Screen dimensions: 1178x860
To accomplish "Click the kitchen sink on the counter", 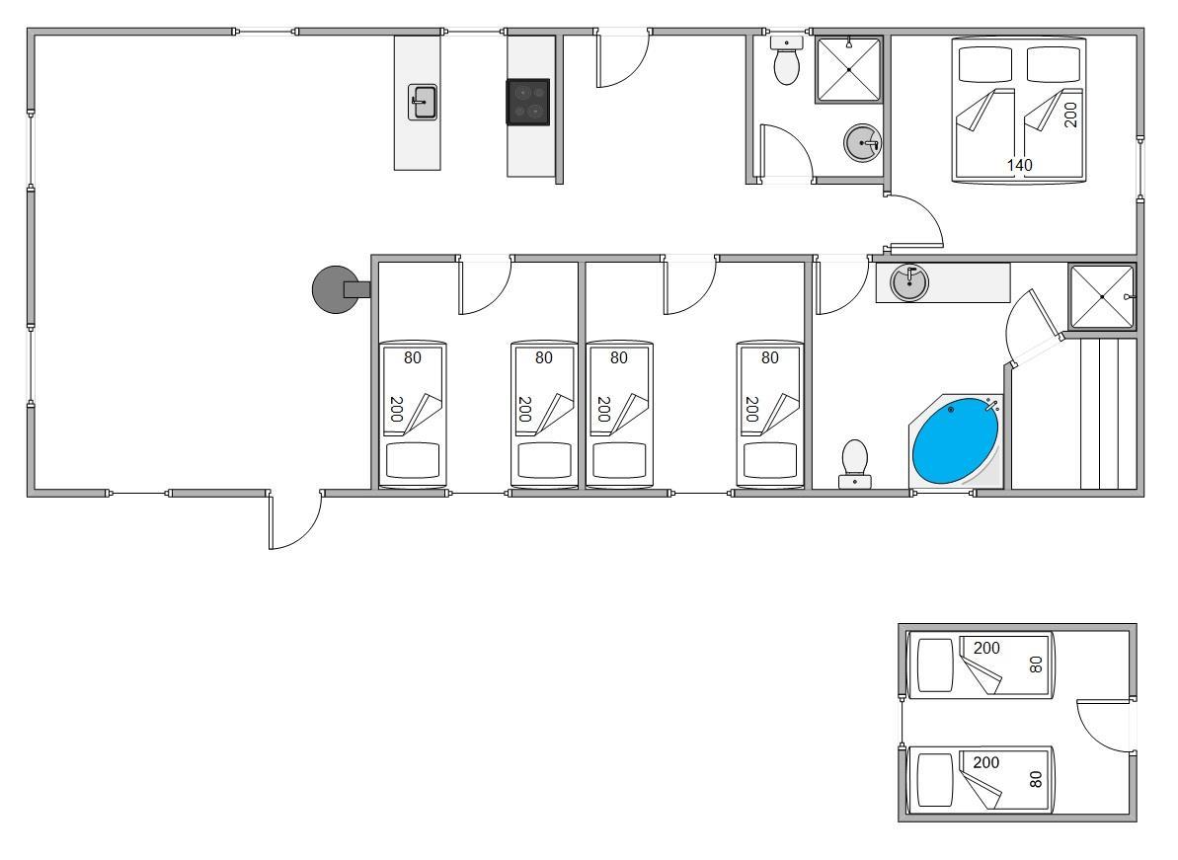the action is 423,102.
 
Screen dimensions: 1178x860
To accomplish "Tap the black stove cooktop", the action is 527,102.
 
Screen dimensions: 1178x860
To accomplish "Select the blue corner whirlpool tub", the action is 955,441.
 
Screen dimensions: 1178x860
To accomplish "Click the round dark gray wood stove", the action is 335,289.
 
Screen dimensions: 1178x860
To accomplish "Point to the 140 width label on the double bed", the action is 1019,165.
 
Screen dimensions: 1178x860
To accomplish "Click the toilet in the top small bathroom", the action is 787,61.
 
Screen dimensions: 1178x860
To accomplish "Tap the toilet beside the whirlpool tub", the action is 855,464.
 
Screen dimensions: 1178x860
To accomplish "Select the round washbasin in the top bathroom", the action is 862,143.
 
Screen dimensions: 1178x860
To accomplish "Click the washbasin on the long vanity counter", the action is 909,282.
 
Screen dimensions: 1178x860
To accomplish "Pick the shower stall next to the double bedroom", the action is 848,70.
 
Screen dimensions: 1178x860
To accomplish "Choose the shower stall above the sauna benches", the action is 1101,296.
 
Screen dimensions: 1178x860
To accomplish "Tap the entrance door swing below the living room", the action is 295,521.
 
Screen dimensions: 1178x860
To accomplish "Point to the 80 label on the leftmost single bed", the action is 413,358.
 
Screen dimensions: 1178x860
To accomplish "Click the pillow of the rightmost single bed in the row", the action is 770,460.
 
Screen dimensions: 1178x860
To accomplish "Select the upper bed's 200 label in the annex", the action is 986,648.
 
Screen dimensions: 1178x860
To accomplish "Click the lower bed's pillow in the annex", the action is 934,780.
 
